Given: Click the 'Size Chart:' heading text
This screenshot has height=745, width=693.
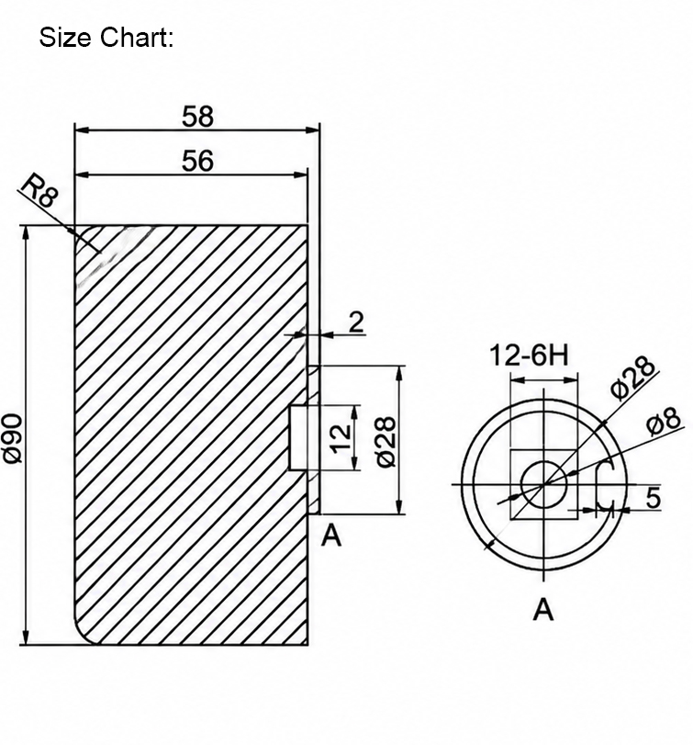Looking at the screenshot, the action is pos(106,37).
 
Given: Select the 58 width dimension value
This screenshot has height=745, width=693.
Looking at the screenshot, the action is pos(197,117).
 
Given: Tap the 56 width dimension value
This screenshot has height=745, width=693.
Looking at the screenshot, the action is pos(197,161).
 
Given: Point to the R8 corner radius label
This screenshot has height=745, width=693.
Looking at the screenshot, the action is pos(40,190).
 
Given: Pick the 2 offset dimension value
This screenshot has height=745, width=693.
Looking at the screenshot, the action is pos(356,322).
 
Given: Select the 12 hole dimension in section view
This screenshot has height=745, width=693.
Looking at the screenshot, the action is pos(341,438).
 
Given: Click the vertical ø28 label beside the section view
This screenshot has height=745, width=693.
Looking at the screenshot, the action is pos(386,442).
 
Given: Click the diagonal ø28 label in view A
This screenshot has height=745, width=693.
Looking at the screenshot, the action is pos(632,378).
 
